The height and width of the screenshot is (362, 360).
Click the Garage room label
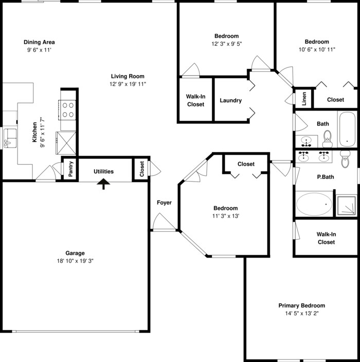coord(75,253)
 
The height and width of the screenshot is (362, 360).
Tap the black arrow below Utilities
coord(104,183)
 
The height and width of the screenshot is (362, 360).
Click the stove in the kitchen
coord(68,109)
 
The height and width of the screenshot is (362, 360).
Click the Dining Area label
coord(39,42)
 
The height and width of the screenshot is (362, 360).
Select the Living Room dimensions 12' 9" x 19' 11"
coord(128,84)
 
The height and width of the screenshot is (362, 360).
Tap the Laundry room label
coord(230,100)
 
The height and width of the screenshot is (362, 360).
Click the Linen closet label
coord(304,99)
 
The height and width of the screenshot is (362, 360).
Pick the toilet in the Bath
coord(327,137)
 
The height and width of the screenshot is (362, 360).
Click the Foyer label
coord(164,203)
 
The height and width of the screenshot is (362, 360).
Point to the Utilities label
coord(104,171)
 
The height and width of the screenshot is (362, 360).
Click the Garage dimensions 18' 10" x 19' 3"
coord(75,261)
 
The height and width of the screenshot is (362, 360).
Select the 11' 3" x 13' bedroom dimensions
coord(226,216)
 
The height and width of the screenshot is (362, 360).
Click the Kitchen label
coord(34,132)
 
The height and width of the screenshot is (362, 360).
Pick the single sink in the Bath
coord(309,140)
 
